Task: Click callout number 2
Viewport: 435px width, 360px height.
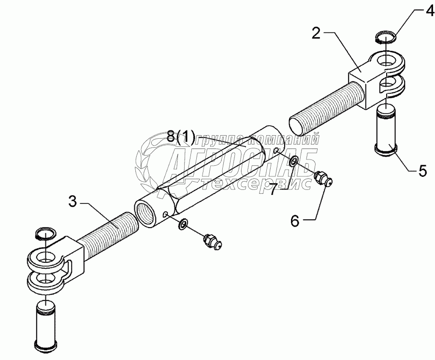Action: [316, 33]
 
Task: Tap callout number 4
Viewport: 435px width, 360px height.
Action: [429, 11]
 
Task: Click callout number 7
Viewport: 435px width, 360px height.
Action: [273, 189]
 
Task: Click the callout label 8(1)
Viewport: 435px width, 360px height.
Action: [181, 138]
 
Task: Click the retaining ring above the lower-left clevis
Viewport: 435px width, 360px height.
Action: [46, 234]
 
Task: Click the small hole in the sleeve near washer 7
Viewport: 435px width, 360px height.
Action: [275, 151]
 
